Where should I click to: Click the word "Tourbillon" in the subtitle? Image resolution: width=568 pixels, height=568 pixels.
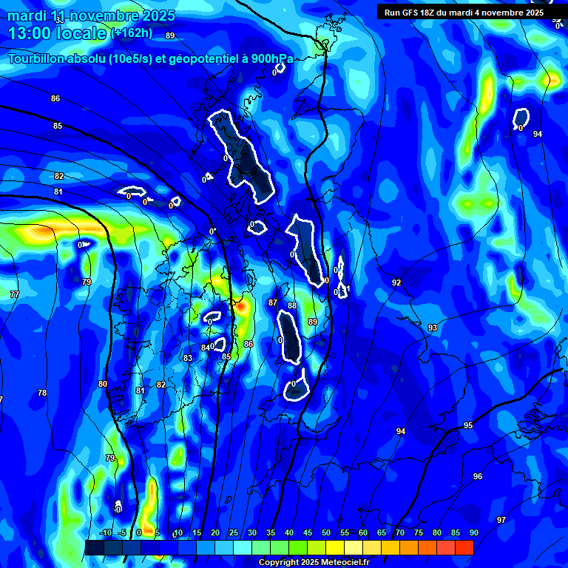[41, 59]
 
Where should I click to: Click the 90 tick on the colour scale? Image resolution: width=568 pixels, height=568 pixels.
[473, 533]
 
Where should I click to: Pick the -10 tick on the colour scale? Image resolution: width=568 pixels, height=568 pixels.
[105, 533]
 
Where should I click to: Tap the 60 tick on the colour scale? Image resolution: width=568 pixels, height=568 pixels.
[362, 533]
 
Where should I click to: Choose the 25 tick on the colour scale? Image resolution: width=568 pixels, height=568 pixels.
[234, 533]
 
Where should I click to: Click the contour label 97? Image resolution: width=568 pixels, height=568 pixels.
[501, 520]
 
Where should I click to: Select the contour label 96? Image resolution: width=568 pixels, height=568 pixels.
[478, 477]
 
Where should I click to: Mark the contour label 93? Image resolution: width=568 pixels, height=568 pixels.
[433, 328]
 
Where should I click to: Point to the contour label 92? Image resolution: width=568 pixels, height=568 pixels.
[396, 283]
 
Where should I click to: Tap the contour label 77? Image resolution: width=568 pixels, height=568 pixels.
[14, 294]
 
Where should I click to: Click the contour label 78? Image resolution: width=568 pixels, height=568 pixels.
[42, 393]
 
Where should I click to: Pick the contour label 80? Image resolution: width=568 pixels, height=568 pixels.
[102, 384]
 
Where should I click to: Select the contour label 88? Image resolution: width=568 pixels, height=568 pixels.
[292, 305]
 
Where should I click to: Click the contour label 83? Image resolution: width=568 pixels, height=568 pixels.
[188, 358]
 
